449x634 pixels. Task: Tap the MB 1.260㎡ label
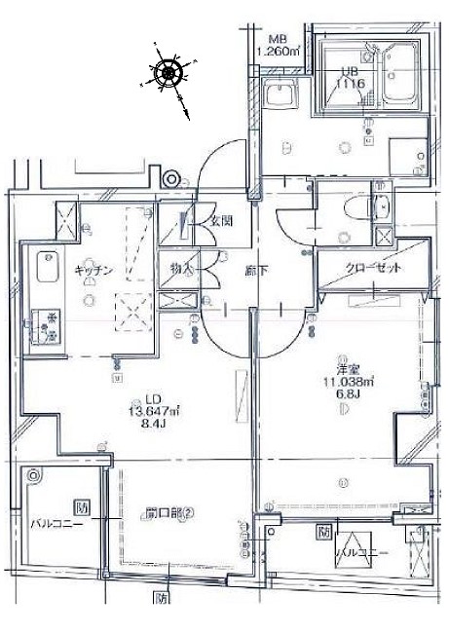click(x=276, y=45)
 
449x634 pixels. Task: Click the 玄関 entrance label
click(x=221, y=220)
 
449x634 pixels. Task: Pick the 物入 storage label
click(x=180, y=267)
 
